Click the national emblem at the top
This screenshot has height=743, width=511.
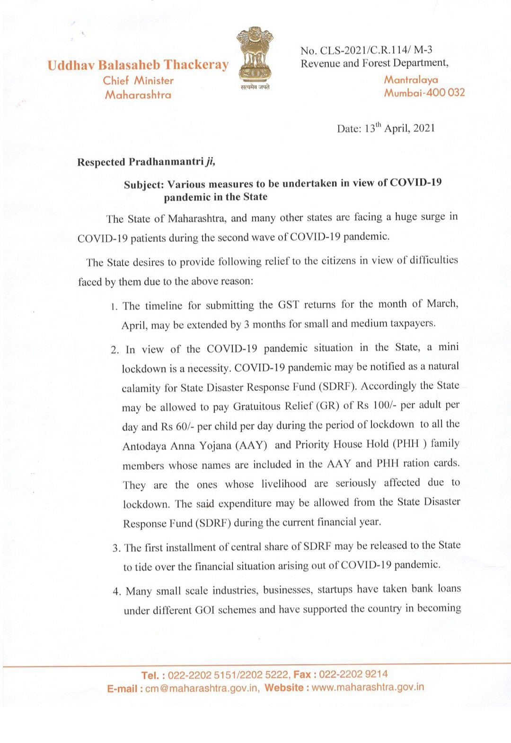coord(255,54)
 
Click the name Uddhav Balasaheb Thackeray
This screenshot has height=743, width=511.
coord(138,65)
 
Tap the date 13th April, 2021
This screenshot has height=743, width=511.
coord(386,128)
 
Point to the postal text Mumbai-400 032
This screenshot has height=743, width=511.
coord(424,93)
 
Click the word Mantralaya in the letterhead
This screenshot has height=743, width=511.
coord(411,79)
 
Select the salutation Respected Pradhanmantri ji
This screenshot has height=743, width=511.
coord(146,162)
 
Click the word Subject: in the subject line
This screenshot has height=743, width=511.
coord(144,185)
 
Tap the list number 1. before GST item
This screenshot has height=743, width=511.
coord(114,307)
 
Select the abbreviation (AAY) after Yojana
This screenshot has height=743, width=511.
coord(251,445)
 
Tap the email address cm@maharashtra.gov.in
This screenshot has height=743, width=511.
coord(202,688)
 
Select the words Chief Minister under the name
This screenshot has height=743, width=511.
coord(138,80)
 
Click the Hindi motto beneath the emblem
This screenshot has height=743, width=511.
coord(255,87)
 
